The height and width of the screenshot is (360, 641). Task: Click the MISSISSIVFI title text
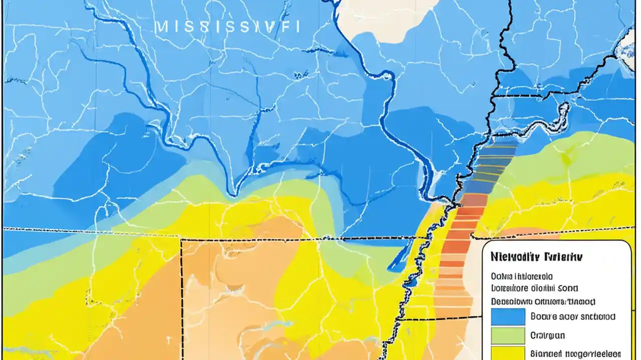tap(228, 26)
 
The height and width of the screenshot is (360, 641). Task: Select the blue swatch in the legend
tap(508, 316)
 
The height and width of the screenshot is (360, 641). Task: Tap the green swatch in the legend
tap(508, 335)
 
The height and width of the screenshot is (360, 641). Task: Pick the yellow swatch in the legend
tap(508, 352)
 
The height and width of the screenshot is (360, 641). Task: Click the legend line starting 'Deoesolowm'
tap(543, 301)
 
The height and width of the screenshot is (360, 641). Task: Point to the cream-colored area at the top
tap(386, 15)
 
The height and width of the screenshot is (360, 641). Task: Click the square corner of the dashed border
tap(181, 240)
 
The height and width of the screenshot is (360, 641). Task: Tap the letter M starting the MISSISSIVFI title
tap(161, 26)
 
